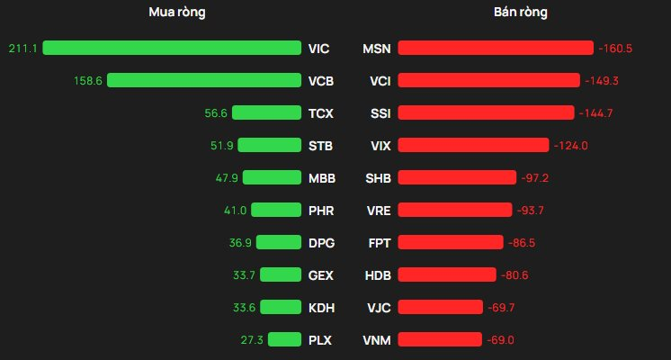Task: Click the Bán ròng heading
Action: pyautogui.click(x=521, y=13)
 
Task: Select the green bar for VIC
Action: pyautogui.click(x=171, y=48)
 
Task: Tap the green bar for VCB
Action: pyautogui.click(x=203, y=80)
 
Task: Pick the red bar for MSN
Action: pyautogui.click(x=496, y=48)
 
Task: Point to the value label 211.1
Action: pyautogui.click(x=22, y=48)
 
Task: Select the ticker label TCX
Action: pyautogui.click(x=320, y=112)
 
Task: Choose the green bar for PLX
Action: pyautogui.click(x=283, y=339)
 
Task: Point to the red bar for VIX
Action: pyautogui.click(x=473, y=145)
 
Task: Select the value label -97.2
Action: pyautogui.click(x=534, y=177)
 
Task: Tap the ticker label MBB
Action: pyautogui.click(x=321, y=177)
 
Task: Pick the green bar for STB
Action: pyautogui.click(x=268, y=145)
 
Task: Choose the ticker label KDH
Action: pyautogui.click(x=321, y=307)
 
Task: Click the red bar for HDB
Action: pyautogui.click(x=447, y=274)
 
